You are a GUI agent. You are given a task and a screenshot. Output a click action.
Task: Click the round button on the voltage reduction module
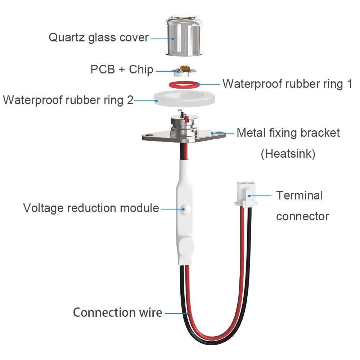[x=185, y=208]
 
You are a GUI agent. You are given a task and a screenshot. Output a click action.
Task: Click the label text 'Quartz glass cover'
[x=98, y=37]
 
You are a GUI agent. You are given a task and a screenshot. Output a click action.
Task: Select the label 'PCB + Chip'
[x=122, y=69]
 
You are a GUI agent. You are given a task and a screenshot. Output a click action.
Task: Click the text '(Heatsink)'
[x=288, y=154]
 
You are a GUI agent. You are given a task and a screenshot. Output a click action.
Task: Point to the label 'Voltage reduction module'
[x=91, y=208]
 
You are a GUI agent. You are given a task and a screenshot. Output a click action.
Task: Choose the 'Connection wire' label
[x=117, y=312]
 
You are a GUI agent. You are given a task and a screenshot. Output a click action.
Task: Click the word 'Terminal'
[x=300, y=195]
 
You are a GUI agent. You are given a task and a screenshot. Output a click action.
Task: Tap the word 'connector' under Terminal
[x=302, y=216]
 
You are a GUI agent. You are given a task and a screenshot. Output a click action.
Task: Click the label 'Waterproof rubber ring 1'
[x=287, y=84]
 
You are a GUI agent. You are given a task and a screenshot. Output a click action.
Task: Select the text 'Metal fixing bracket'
[x=288, y=133]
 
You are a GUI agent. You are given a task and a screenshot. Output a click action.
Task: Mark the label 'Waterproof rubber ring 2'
[x=68, y=100]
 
